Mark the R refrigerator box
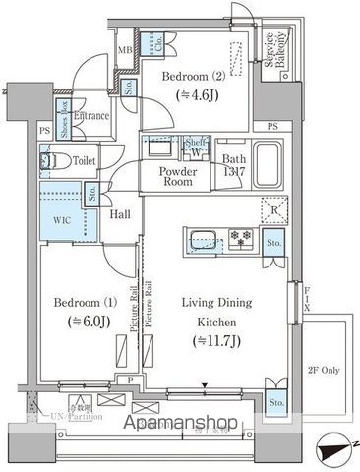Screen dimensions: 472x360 point(272,206)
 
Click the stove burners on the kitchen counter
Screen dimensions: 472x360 point(239,238)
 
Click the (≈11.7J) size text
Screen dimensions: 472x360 point(217,339)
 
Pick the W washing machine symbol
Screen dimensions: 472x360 point(196,151)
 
